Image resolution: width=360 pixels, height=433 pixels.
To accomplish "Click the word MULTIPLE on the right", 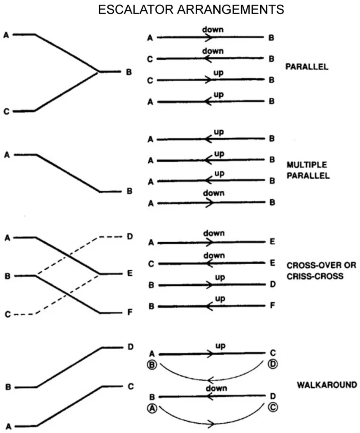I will (x=306, y=165).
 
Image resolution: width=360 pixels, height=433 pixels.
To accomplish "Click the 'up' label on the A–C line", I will (x=220, y=346).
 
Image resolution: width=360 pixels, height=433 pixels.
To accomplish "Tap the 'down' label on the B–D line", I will (x=216, y=388).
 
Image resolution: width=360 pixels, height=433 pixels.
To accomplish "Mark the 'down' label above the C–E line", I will (x=214, y=256).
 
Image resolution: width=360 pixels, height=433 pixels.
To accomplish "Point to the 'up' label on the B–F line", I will (x=219, y=299).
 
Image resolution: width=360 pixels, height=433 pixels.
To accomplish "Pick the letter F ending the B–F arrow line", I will (x=272, y=306).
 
